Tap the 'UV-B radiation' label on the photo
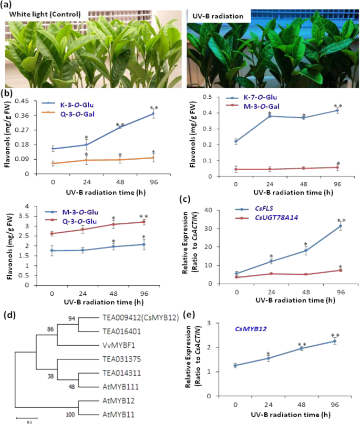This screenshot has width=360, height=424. pos(217,16)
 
